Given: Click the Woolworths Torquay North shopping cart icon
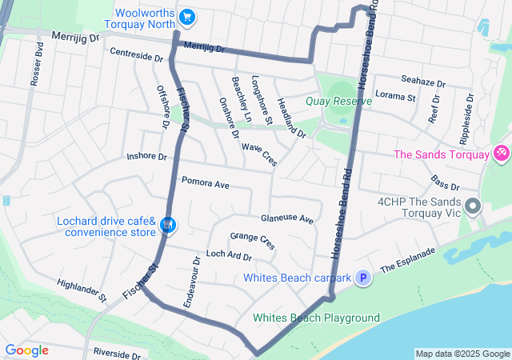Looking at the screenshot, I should [x=187, y=16].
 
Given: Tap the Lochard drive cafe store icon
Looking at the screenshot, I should [x=167, y=226].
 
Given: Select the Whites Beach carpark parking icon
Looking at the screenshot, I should [x=363, y=278].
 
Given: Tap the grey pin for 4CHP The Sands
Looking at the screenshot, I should [x=472, y=207].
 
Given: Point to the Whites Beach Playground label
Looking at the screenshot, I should [x=316, y=318].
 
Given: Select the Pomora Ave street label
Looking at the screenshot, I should [x=206, y=184].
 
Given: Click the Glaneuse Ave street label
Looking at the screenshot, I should [x=287, y=218].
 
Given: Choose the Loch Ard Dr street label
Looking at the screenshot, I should [x=229, y=256].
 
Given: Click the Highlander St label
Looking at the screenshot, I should [x=82, y=291].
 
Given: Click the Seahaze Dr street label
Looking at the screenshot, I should [x=423, y=82].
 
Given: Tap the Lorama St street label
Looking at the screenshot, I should [x=396, y=98].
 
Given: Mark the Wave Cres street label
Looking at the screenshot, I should [x=259, y=154].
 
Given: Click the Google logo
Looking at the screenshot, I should [x=26, y=350].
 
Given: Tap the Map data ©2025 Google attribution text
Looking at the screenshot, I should [x=462, y=354].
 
